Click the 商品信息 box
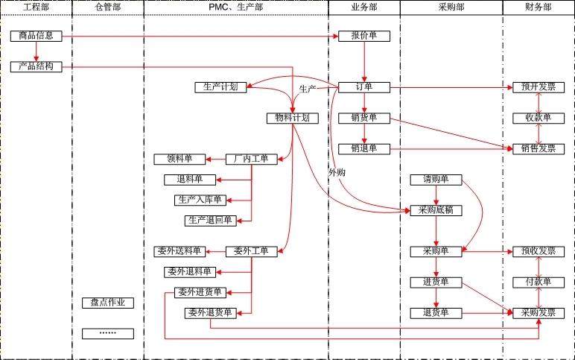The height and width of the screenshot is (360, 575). [36, 36]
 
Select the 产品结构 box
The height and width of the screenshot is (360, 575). [36, 66]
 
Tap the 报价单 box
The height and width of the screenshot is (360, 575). [363, 36]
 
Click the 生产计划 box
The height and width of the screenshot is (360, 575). [220, 87]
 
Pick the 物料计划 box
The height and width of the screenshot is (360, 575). [292, 118]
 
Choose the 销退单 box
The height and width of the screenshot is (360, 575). [363, 148]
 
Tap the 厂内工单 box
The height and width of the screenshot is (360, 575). [251, 159]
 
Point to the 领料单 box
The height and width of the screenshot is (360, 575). [180, 159]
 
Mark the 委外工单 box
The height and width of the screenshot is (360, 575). [251, 251]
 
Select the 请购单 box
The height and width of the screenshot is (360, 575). [436, 180]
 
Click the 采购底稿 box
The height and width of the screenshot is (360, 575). [436, 210]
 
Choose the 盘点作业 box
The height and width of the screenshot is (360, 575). [108, 303]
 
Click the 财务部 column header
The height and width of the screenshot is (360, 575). [538, 7]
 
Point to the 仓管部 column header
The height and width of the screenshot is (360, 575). [108, 7]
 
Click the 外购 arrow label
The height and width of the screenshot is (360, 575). [337, 172]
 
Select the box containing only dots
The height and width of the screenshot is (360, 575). [108, 333]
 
